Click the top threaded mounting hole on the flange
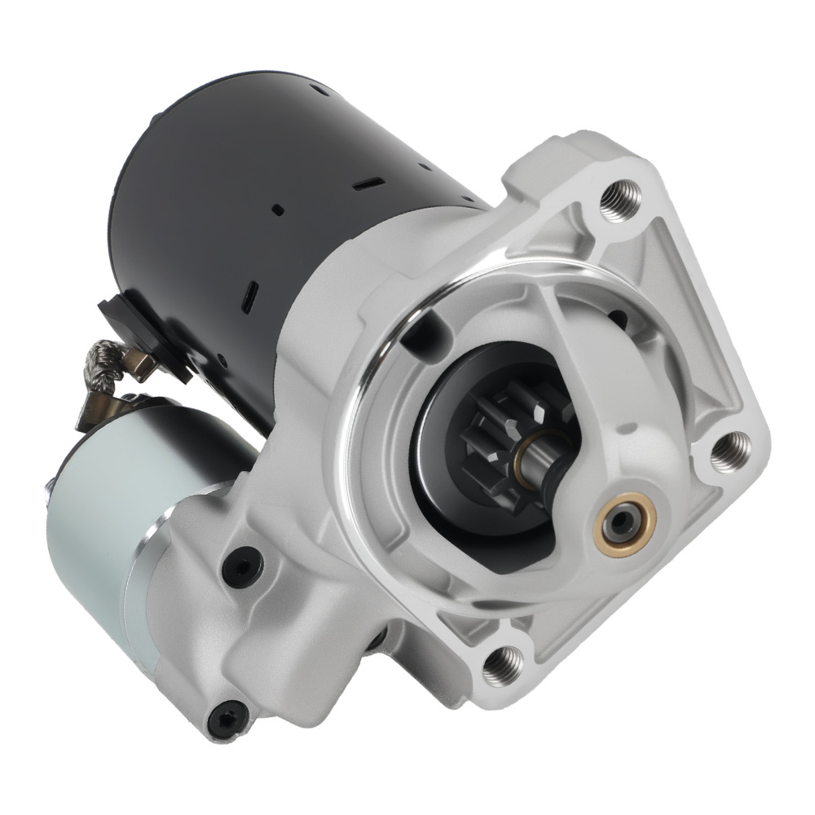[619, 198]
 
